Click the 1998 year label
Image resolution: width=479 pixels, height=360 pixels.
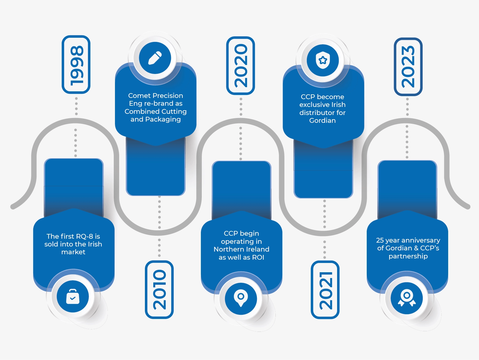[x=76, y=65]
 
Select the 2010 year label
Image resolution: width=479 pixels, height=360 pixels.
[x=159, y=290]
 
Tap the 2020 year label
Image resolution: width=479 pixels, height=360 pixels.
[x=241, y=66]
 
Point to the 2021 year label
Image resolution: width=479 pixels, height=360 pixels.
[x=325, y=290]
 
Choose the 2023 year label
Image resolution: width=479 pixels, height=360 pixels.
[x=408, y=66]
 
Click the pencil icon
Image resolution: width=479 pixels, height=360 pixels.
[x=155, y=58]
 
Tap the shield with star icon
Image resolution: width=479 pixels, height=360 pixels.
[x=323, y=60]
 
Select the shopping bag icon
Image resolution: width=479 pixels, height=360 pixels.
[x=73, y=297]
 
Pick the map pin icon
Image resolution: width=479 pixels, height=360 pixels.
[x=241, y=298]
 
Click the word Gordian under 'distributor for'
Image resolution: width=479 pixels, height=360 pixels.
[x=322, y=121]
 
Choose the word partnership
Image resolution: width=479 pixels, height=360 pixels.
[x=408, y=256]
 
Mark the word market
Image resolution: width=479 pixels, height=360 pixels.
[x=73, y=252]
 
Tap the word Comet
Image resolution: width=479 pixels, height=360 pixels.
[x=139, y=96]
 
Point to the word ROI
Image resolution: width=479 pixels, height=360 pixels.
[x=258, y=258]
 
